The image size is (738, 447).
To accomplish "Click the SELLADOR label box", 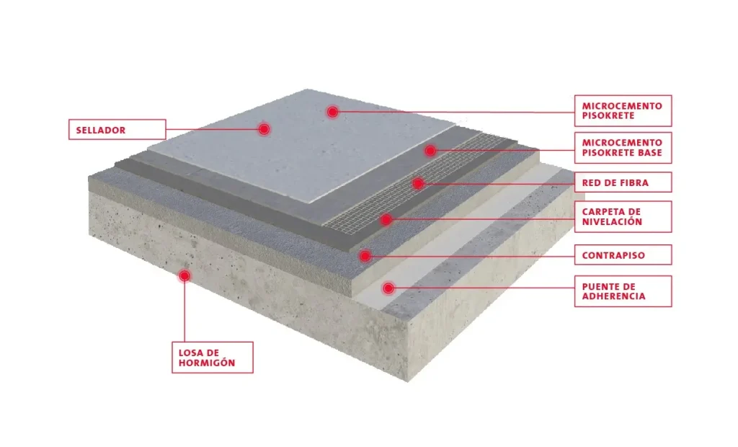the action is tap(117, 130).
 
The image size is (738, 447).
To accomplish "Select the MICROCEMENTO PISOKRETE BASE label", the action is tap(623, 148).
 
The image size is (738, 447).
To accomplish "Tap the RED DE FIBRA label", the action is tap(623, 182).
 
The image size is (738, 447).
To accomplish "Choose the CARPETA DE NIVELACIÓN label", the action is tap(623, 217).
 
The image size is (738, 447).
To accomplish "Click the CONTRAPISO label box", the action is tap(623, 255).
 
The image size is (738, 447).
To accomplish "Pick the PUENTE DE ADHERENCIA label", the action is tap(623, 291).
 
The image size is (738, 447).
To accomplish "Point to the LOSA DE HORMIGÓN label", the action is tap(213, 358).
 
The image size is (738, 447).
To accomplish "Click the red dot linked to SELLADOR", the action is tap(264, 129).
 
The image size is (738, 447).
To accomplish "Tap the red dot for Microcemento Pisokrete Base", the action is tap(430, 151).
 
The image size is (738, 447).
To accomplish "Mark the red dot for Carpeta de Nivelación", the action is tap(386, 219).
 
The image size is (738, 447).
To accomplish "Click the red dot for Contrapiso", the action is tap(365, 256).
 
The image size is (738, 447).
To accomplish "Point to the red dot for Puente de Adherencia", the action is tap(388, 288).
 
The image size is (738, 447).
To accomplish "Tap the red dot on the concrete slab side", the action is tap(184, 276).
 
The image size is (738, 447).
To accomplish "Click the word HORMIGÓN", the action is tap(207, 363).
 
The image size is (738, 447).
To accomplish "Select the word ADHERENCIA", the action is tap(614, 296).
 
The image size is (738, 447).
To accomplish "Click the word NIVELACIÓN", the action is tap(612, 221).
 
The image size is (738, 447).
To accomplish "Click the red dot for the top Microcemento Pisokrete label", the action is tap(333, 112).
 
